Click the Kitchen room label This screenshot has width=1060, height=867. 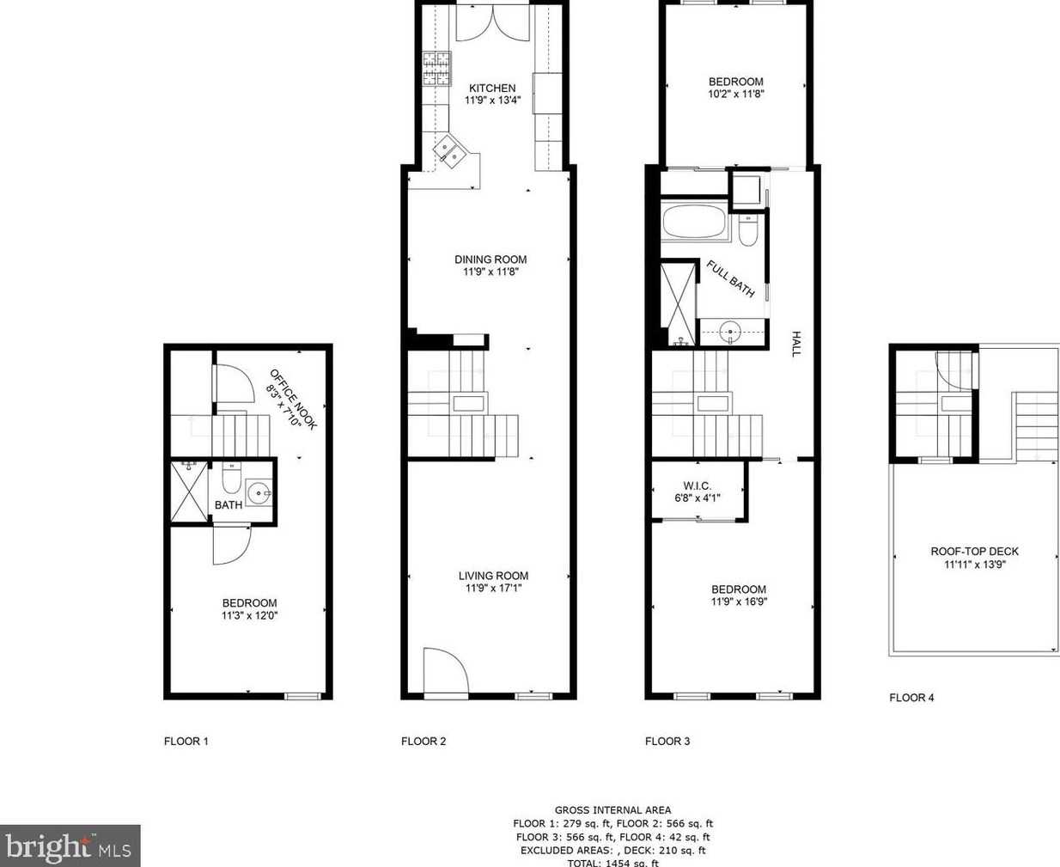(x=492, y=88)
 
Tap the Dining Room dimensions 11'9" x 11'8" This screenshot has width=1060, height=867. (x=490, y=272)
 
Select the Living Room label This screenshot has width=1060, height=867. (x=493, y=576)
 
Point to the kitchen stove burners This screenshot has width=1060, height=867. (x=436, y=69)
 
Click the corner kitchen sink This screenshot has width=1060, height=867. (x=449, y=153)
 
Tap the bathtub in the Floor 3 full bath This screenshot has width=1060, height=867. (x=694, y=224)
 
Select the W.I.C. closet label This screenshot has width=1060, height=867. (x=697, y=485)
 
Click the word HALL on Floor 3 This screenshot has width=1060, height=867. (x=796, y=344)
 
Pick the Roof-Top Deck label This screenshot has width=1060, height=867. (x=974, y=552)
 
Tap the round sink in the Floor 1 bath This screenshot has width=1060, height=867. (x=258, y=493)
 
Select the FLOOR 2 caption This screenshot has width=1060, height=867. (x=423, y=742)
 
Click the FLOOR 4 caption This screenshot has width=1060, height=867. (x=911, y=698)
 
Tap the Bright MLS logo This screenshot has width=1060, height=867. (x=70, y=846)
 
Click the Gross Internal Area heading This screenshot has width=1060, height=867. (x=612, y=809)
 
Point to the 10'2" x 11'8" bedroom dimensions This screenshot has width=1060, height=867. (x=735, y=94)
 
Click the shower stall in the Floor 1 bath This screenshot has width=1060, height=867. (x=189, y=492)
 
